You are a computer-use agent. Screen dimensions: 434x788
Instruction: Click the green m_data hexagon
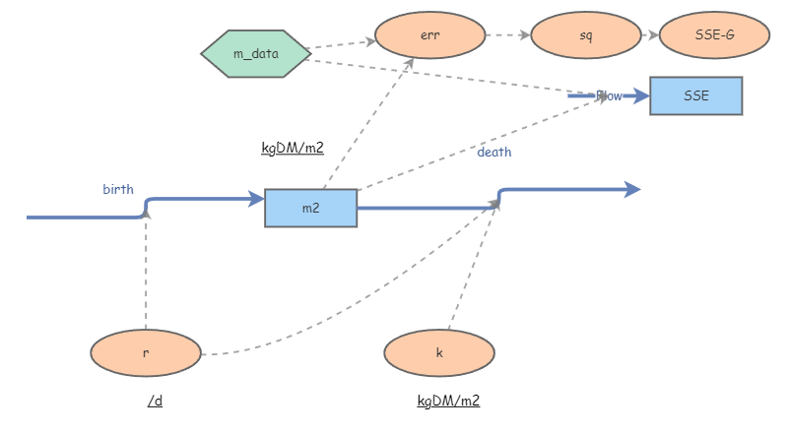(256, 53)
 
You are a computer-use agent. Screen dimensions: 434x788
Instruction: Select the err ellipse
(429, 36)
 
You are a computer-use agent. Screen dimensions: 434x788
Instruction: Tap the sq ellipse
(585, 36)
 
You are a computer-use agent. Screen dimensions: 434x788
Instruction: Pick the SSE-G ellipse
(714, 36)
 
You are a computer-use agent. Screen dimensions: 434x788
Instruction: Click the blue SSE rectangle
(695, 95)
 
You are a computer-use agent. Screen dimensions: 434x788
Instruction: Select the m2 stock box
(310, 208)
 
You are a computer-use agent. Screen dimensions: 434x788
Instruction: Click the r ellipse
(146, 352)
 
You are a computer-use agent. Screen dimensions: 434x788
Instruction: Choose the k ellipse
(439, 352)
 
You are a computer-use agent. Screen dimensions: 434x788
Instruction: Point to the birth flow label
(118, 189)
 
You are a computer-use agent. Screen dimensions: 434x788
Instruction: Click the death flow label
(494, 153)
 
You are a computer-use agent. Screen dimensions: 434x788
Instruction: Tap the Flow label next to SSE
(609, 95)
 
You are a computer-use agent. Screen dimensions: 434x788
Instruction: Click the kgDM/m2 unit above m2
(293, 149)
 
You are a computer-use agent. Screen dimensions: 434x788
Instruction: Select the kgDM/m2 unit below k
(448, 401)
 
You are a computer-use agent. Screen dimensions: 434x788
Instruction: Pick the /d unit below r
(155, 401)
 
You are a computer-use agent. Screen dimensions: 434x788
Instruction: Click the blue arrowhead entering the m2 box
(257, 200)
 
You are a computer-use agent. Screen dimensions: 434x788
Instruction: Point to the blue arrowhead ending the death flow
(632, 189)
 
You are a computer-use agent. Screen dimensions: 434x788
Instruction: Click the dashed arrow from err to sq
(507, 35)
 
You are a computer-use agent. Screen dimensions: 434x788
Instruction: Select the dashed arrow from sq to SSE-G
(649, 35)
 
